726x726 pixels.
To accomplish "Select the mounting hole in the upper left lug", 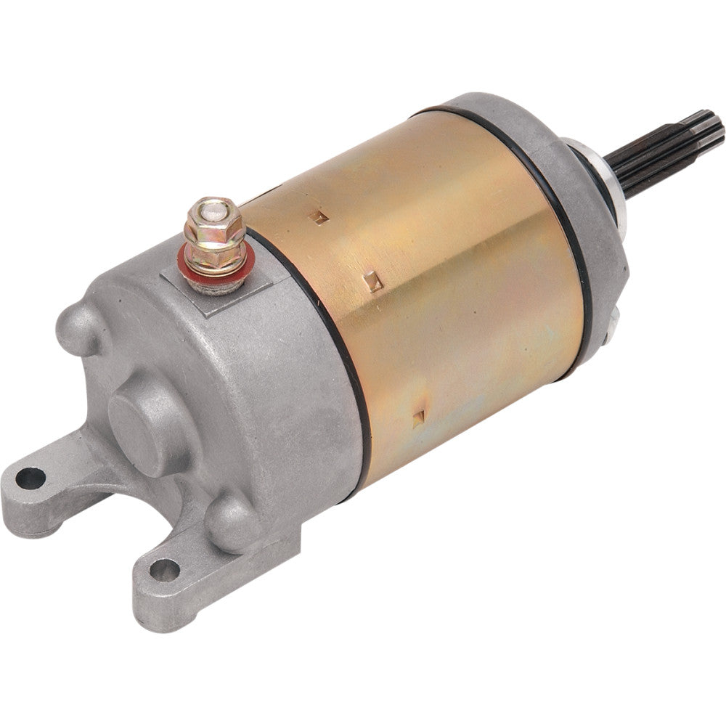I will (x=30, y=477).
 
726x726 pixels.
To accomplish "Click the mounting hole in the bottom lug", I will (x=164, y=571).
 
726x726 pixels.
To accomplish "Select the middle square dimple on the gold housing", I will (x=373, y=280).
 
